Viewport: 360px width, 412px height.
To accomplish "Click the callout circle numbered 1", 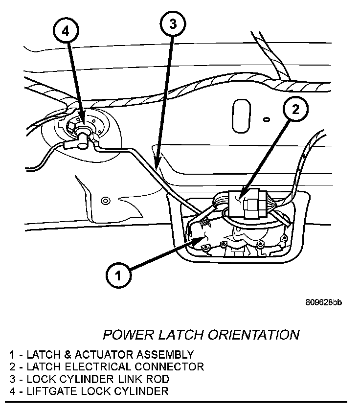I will point(117,275).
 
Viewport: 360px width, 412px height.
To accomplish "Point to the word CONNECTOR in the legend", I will point(171,366).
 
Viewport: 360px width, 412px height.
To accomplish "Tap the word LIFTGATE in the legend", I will point(49,391).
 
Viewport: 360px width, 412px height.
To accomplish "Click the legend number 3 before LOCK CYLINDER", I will point(12,379).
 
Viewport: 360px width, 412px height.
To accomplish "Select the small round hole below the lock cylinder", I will point(104,201).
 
